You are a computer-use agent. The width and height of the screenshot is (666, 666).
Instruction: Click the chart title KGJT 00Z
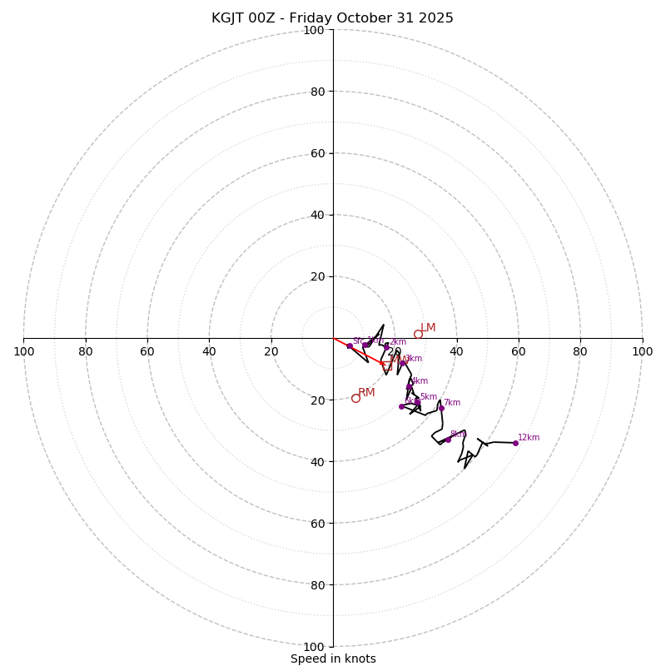point(332,18)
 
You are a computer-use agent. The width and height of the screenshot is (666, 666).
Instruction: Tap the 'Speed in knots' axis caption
point(333,659)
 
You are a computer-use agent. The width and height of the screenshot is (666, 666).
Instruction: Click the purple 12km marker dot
point(515,443)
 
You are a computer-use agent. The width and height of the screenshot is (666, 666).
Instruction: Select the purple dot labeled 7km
point(441,408)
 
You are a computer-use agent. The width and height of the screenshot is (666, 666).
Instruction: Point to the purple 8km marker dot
point(448,440)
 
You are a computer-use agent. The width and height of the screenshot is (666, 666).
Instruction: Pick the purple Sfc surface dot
point(350,345)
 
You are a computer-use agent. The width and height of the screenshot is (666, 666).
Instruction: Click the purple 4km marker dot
point(409,386)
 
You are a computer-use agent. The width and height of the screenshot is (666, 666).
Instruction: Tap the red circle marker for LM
point(418,334)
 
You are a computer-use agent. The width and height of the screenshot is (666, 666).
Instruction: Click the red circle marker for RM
point(355,398)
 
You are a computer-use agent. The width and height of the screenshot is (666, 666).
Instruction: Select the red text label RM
point(366,392)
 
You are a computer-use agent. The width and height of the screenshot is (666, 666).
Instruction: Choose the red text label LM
point(428,328)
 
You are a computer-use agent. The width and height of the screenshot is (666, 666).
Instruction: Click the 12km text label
point(529,437)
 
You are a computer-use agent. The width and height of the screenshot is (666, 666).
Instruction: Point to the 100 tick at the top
point(314,30)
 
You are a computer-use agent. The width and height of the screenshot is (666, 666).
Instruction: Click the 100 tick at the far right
point(642,351)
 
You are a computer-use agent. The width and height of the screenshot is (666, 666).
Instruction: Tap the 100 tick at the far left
point(24,351)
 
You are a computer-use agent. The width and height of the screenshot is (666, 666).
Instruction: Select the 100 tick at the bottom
point(314,647)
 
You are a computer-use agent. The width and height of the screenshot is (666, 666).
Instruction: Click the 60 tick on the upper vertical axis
point(317,153)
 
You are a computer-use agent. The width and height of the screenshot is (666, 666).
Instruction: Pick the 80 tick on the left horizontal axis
point(86,351)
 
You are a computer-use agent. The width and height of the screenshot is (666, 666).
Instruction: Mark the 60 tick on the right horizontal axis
point(519,351)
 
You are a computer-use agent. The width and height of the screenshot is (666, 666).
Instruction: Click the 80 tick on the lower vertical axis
point(317,585)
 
